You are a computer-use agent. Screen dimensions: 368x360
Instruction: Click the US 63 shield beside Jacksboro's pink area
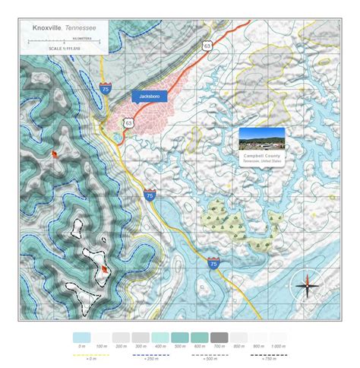pos(128,122)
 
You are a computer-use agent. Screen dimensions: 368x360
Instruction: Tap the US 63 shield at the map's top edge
pos(207,46)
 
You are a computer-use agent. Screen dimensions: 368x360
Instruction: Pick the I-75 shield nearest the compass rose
pos(213,264)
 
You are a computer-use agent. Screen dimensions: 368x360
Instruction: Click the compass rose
pos(308,285)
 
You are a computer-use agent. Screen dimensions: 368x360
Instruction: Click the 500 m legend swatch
pos(179,336)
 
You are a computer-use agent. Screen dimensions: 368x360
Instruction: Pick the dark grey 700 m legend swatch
pos(219,336)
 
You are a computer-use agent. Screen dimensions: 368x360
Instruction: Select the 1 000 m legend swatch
pos(277,336)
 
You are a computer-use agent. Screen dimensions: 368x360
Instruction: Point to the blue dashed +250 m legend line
pos(150,355)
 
